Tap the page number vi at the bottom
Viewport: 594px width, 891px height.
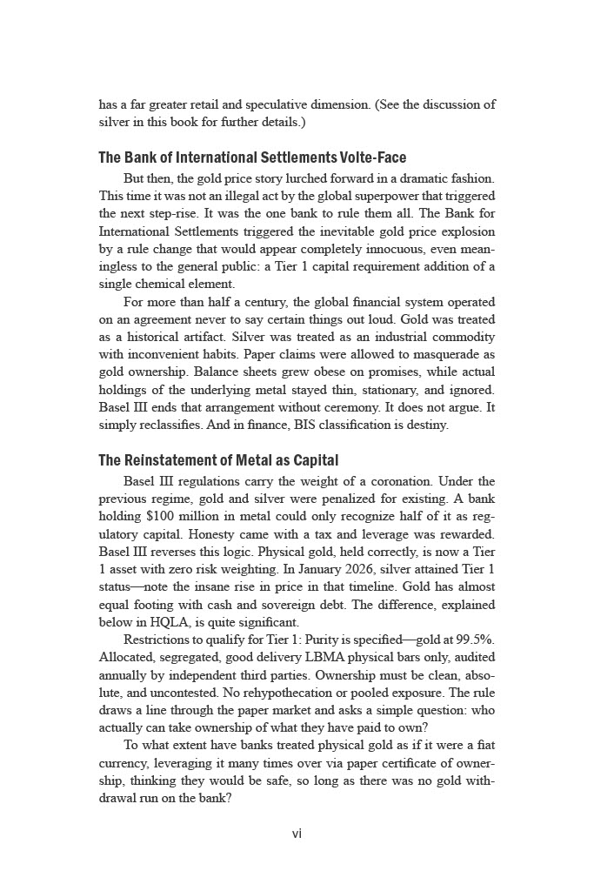point(297,834)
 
